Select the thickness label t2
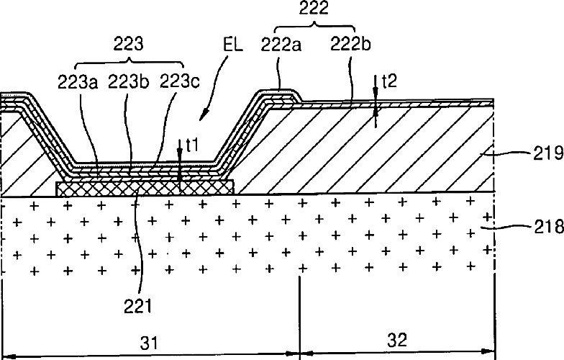pos(389,81)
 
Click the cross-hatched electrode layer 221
pos(144,188)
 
